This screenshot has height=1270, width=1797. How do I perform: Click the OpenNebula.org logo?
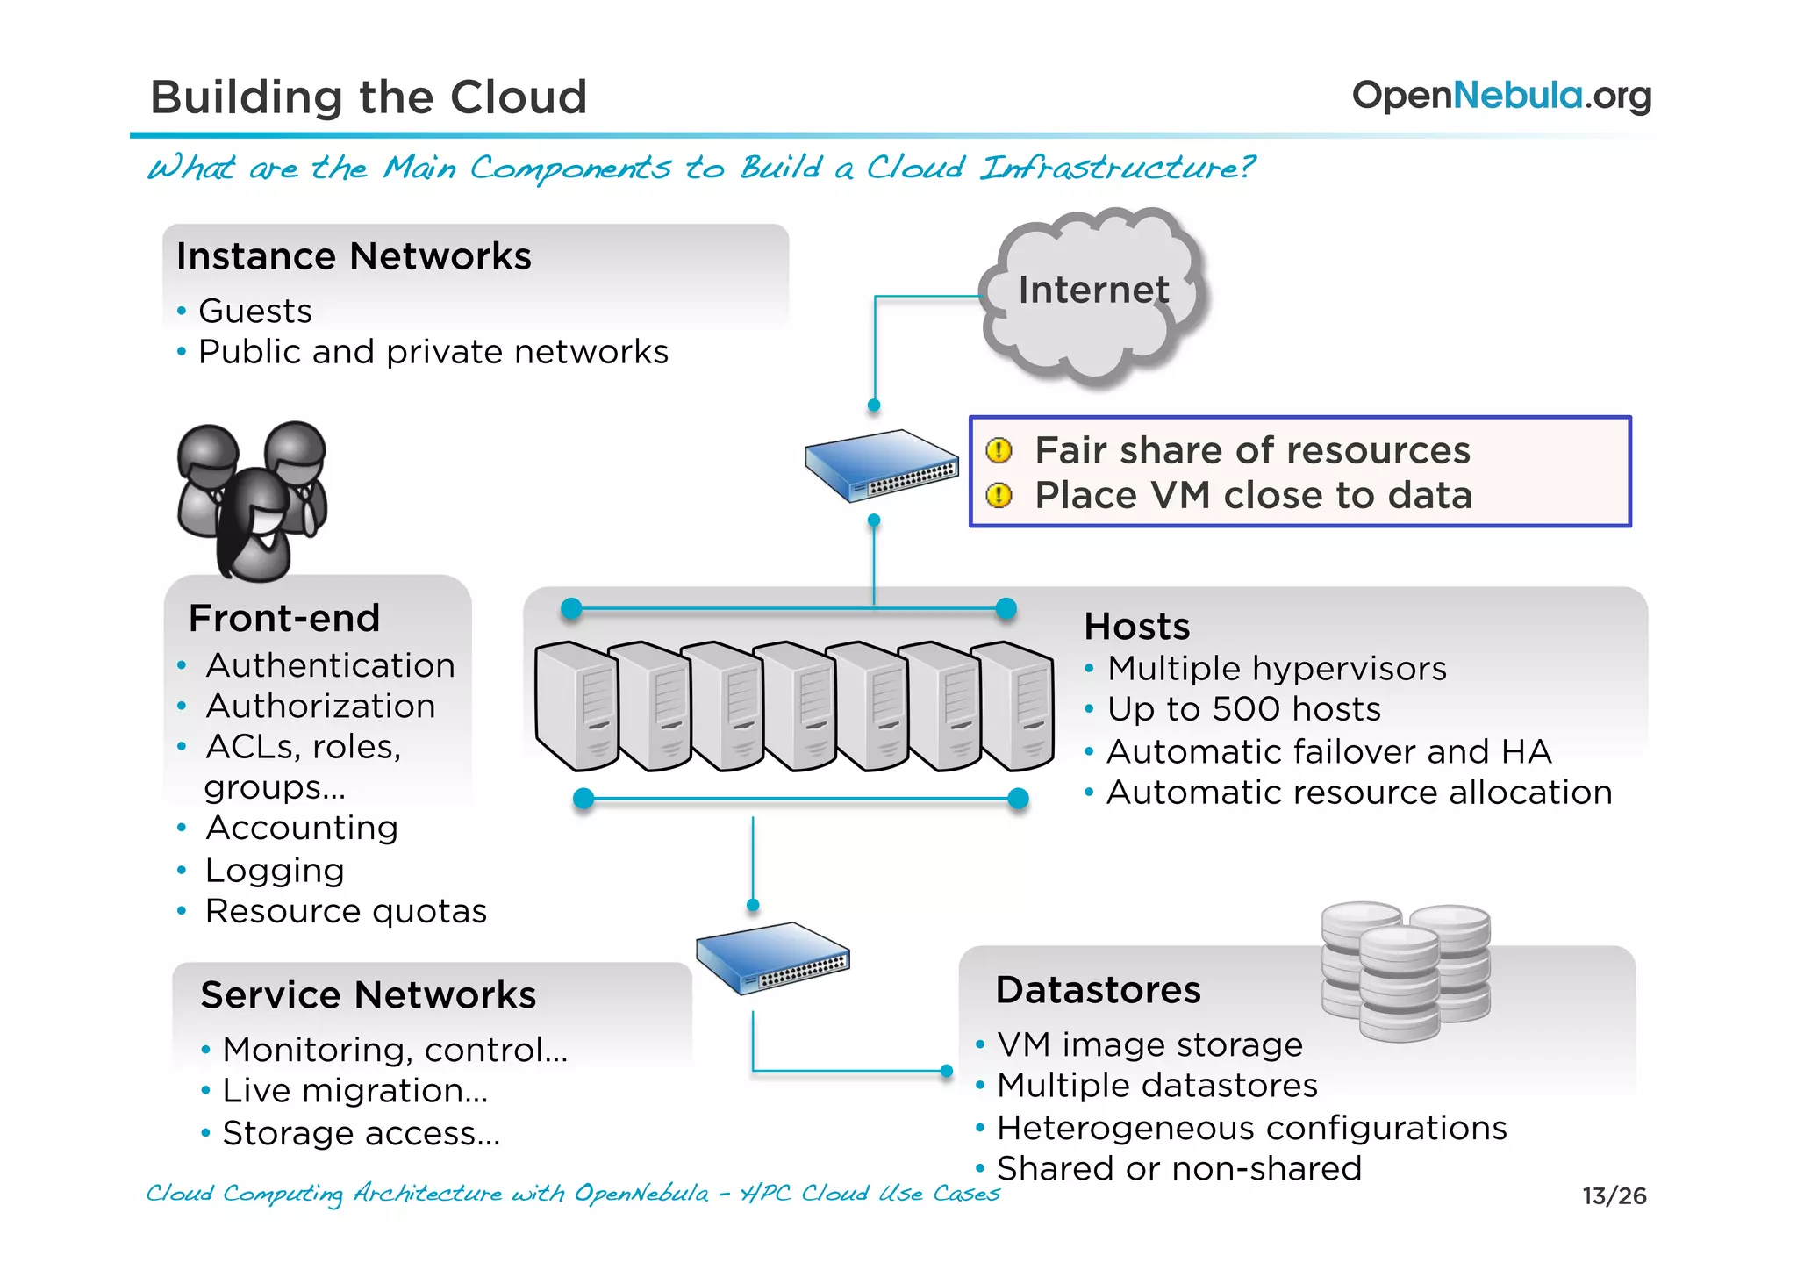point(1500,96)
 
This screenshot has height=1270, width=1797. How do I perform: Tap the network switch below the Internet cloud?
point(880,465)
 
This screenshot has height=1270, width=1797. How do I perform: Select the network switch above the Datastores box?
point(771,958)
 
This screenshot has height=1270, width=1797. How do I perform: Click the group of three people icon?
point(252,500)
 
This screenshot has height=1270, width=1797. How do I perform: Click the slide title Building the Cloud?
point(369,97)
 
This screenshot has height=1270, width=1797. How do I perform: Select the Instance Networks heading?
point(354,256)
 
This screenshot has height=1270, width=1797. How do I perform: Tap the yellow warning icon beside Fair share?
point(999,450)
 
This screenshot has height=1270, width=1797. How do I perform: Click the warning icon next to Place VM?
point(999,496)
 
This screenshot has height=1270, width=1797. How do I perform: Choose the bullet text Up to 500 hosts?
point(1243,709)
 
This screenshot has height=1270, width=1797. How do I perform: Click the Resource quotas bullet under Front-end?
point(346,911)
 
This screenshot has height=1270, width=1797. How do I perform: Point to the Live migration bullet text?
point(354,1091)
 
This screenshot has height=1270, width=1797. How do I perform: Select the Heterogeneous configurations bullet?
point(1251,1128)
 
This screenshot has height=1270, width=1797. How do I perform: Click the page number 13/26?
point(1614,1195)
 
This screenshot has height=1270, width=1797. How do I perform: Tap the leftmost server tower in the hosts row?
point(575,707)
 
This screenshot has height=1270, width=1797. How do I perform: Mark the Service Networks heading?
point(368,995)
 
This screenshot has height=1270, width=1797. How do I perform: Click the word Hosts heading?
point(1136,627)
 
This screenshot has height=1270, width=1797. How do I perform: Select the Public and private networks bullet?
point(433,352)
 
